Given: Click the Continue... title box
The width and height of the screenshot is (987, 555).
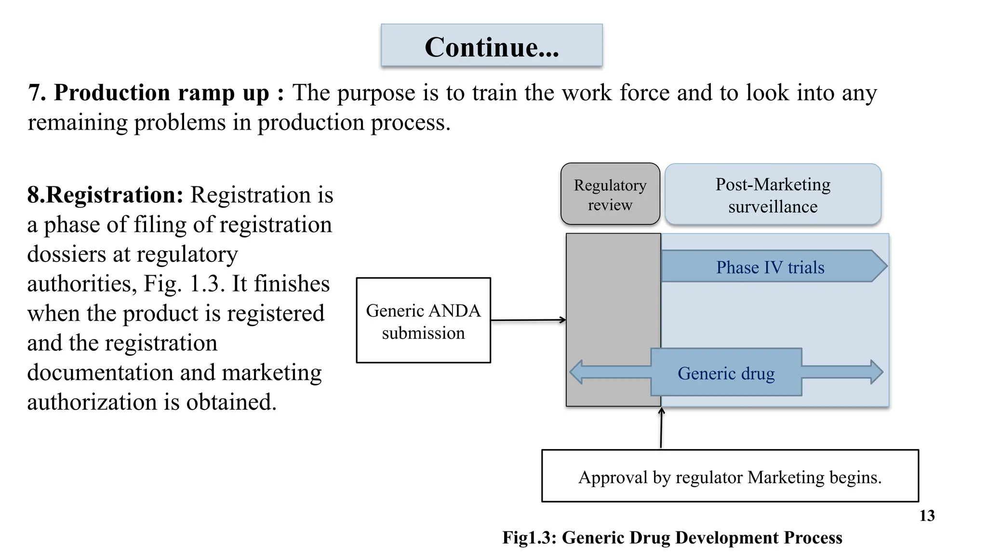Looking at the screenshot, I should tap(492, 46).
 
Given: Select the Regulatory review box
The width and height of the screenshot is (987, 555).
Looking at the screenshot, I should tap(610, 194).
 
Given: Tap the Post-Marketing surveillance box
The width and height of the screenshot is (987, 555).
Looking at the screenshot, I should tap(773, 195).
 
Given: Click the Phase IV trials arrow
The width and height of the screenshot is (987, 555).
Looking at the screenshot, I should tap(770, 266).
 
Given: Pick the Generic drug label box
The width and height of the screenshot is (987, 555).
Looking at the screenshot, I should tap(726, 372).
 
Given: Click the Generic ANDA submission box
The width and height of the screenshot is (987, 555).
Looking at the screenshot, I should tap(423, 320).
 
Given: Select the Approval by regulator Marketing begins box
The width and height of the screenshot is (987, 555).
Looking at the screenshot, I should tap(730, 476).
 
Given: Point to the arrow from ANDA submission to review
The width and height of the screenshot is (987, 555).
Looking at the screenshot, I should tap(528, 320).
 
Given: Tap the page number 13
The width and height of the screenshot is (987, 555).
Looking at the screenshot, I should tap(927, 516).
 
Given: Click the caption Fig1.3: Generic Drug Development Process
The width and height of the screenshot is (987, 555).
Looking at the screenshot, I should tap(672, 538).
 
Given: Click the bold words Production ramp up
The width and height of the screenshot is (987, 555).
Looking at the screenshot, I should tap(161, 92).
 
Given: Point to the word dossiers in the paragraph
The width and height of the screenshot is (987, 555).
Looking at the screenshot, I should tap(66, 254).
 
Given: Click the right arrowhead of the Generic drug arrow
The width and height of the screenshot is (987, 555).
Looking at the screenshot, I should tap(876, 372).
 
